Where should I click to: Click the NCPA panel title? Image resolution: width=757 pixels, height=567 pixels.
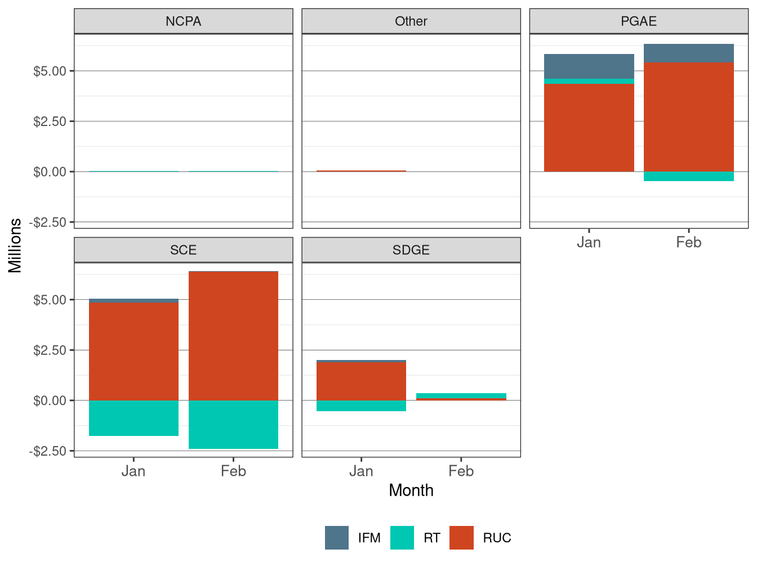tap(183, 21)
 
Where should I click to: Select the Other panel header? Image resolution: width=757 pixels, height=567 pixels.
tap(411, 21)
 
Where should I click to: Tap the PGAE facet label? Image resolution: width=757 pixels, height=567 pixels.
tap(638, 21)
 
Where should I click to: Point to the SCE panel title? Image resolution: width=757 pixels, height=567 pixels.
tap(183, 250)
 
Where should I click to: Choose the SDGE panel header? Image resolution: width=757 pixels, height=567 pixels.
tap(411, 250)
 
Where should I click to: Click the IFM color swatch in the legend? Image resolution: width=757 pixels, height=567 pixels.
tap(337, 538)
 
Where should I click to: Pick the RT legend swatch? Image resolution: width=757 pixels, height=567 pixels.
tap(402, 538)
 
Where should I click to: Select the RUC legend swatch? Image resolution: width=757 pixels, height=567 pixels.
tap(461, 538)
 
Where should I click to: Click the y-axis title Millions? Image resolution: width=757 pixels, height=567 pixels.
tap(15, 245)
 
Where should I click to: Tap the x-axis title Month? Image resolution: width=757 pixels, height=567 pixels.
tap(411, 490)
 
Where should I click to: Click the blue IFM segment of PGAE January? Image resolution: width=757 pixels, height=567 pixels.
tap(589, 66)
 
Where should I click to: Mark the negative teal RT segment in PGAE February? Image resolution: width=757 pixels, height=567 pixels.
tap(688, 176)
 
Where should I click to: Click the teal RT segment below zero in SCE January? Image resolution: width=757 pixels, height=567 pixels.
tap(133, 418)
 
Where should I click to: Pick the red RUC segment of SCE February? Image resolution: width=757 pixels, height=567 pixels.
tap(233, 336)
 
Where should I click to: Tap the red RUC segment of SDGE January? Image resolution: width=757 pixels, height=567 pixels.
tap(361, 381)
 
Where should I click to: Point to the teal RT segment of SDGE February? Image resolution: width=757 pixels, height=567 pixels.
tap(461, 395)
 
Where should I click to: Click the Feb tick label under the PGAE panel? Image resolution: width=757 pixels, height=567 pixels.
tap(688, 242)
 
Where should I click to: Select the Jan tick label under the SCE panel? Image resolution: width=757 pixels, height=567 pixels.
tap(133, 471)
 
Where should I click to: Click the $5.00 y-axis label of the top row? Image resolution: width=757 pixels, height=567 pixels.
tap(50, 71)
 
